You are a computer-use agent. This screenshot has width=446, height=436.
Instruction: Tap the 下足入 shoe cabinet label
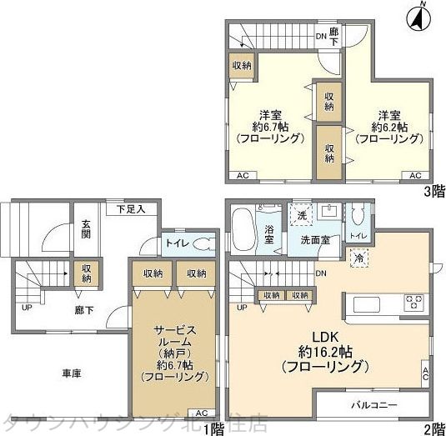(131, 208)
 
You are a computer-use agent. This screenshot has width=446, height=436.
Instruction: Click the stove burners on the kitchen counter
(414, 301)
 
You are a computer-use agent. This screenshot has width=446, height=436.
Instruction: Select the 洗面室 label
(314, 240)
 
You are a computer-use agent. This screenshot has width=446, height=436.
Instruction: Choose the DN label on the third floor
(321, 36)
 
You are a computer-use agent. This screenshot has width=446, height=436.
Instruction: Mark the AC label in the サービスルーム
(201, 413)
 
